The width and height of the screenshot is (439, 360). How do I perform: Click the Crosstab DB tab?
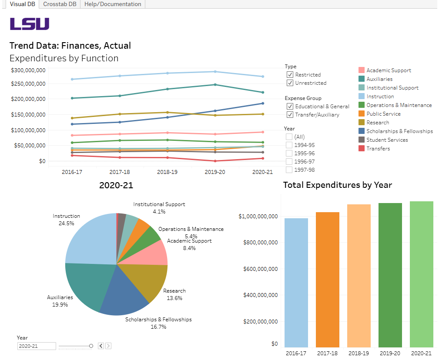tap(60, 4)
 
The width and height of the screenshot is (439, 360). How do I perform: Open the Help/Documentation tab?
tap(113, 4)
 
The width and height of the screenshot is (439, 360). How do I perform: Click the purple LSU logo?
tap(30, 24)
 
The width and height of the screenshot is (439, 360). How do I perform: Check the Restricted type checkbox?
tap(290, 75)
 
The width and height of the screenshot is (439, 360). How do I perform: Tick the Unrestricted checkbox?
tap(290, 83)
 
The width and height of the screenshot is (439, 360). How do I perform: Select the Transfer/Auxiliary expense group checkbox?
tap(290, 115)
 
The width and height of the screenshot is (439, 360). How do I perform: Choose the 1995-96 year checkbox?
tap(289, 153)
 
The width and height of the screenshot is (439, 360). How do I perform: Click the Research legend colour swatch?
tap(361, 123)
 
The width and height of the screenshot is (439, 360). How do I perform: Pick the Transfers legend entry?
tap(378, 149)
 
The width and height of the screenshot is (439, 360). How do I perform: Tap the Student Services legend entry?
tap(387, 140)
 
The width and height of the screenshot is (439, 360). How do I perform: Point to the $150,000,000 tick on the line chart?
tap(28, 115)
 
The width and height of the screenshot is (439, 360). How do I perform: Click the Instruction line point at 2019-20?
tap(215, 72)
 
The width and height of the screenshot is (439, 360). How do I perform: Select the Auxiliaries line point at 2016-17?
tap(72, 98)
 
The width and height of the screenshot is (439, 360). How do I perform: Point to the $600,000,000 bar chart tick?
tap(260, 269)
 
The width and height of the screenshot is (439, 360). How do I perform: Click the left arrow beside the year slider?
tap(101, 346)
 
